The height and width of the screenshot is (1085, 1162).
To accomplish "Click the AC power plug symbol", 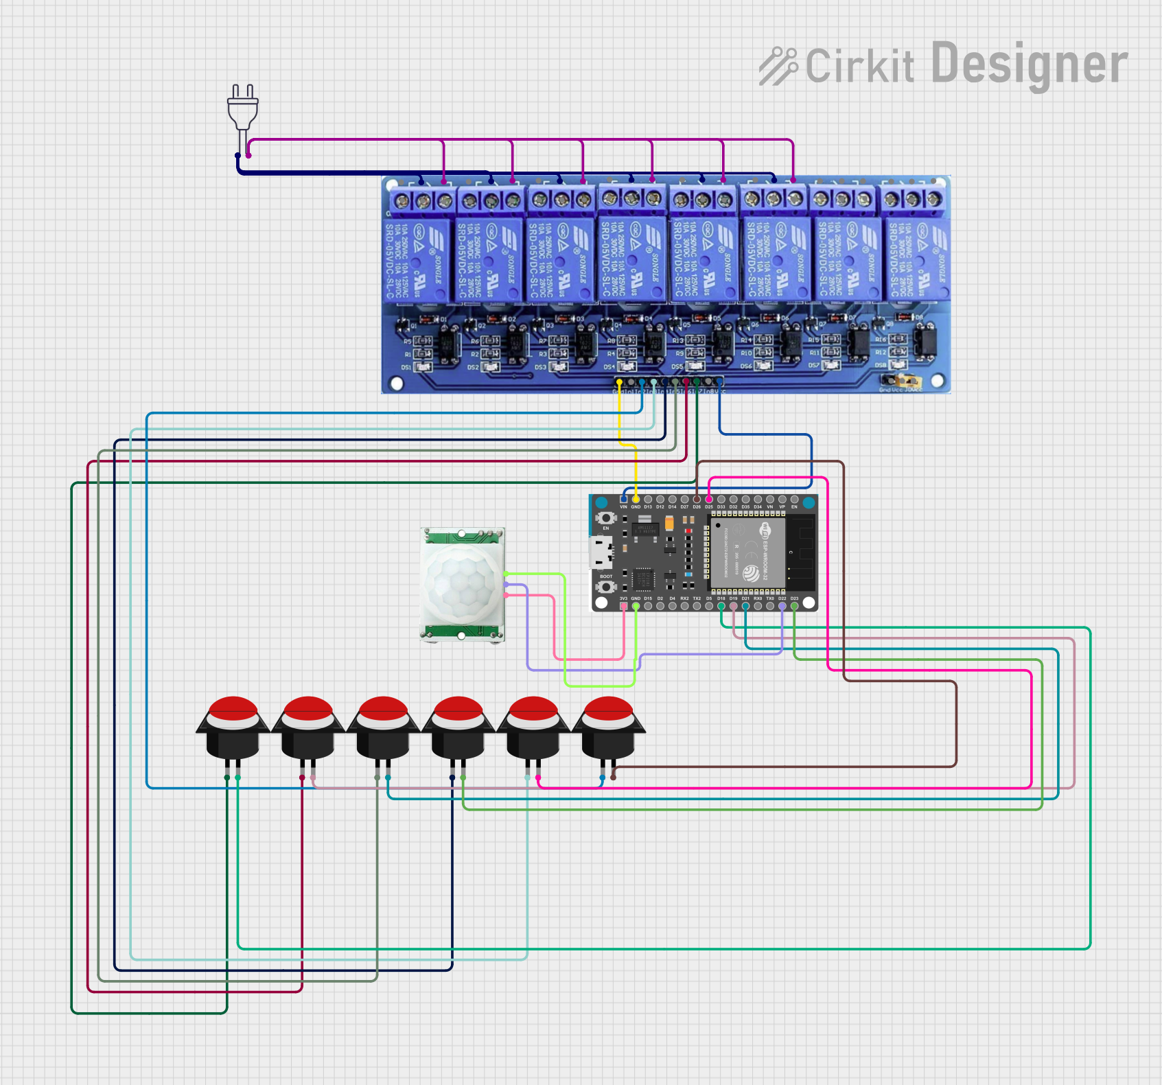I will coord(243,110).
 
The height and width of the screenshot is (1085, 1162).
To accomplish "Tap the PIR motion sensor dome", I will coord(461,583).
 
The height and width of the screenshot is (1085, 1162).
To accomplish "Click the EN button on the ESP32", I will coord(605,518).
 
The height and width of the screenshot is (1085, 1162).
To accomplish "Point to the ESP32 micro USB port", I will coord(600,552).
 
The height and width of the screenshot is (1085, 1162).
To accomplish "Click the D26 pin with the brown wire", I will coord(697,500).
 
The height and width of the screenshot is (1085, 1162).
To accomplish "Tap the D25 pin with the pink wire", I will coord(709,500).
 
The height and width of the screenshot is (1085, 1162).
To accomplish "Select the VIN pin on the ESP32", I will coord(623,500).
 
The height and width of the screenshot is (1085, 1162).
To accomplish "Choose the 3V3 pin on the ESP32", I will coord(623,606).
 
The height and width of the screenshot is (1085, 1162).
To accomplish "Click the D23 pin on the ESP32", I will coord(794,606).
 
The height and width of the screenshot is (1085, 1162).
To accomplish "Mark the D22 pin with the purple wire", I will coord(782,606).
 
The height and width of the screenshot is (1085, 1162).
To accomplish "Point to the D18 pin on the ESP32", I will coord(721,606).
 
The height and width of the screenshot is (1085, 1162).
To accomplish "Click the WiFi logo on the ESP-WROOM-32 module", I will coord(765,530).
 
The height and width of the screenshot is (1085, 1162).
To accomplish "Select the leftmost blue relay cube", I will coord(417,259).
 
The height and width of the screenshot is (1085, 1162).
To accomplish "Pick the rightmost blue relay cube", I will coord(916,259).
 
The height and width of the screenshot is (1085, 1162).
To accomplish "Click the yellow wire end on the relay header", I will coord(619,382).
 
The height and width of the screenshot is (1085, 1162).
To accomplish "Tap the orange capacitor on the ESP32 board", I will coord(669,524).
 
